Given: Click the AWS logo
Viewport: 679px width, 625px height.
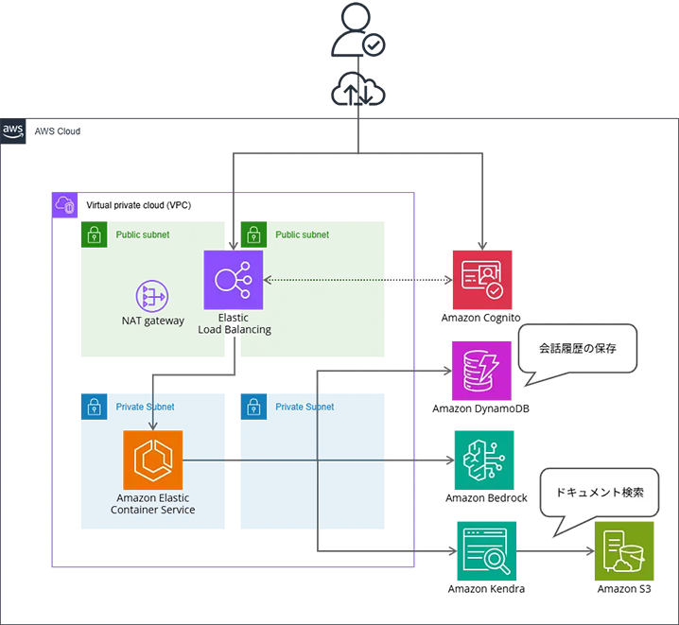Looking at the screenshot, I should point(13,130).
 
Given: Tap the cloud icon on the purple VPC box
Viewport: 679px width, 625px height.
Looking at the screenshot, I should point(64,204).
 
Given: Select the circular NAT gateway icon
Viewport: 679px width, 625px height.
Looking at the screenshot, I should point(151,296).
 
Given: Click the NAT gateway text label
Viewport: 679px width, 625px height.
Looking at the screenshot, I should point(153,321).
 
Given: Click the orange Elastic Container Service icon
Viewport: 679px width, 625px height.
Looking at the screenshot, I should point(152,460).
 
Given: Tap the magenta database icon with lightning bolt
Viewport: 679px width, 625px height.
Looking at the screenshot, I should point(484,371).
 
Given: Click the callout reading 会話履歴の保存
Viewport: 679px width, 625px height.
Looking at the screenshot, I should point(577,349).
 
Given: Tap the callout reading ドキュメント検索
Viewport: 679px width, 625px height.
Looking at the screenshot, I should point(600,493).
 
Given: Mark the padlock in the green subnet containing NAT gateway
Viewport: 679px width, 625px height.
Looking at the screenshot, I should point(94,235).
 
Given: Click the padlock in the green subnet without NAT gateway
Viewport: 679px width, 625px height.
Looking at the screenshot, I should point(253,235).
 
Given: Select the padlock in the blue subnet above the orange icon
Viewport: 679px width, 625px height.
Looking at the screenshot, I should point(94,408).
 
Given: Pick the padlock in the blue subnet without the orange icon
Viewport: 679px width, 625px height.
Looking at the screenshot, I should point(253,408).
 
